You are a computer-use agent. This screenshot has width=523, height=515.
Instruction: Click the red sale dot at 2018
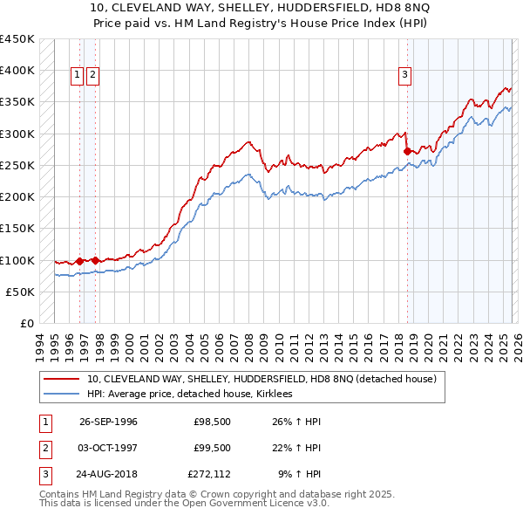pos(407,151)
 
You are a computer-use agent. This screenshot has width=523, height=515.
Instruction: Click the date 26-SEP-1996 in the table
pos(108,422)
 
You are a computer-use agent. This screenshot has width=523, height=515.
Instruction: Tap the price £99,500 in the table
pos(213,448)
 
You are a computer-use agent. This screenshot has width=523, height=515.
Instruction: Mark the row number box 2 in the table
pos(43,448)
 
